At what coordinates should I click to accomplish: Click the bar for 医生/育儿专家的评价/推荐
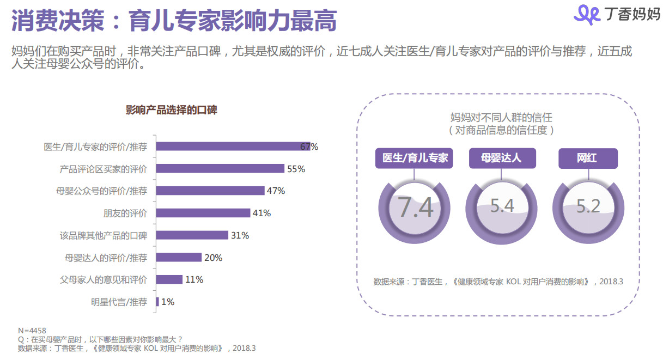pos(233,147)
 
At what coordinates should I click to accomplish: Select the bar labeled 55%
pos(221,169)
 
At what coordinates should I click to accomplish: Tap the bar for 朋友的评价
pos(204,213)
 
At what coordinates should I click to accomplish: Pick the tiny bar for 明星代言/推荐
pos(157,302)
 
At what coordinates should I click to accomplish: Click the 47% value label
pos(276,191)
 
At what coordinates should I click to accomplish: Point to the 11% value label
pos(194,279)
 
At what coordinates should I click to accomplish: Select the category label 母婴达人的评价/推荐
pos(106,258)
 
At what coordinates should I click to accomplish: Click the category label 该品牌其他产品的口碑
pos(103,235)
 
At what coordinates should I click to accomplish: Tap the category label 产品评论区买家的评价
pos(103,169)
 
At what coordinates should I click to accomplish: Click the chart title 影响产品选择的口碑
pos(171,110)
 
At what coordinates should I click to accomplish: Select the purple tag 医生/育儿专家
pos(415,158)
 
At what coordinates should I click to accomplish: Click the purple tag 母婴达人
pos(502,158)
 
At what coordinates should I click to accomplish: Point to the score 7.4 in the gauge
pos(415,208)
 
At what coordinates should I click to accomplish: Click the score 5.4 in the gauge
pos(502,205)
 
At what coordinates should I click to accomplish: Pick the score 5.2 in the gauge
pos(588,205)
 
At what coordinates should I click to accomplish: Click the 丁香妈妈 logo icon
pos(588,14)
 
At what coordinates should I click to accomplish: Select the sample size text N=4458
pos(32,331)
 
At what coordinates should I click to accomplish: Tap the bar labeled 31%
pos(193,235)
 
